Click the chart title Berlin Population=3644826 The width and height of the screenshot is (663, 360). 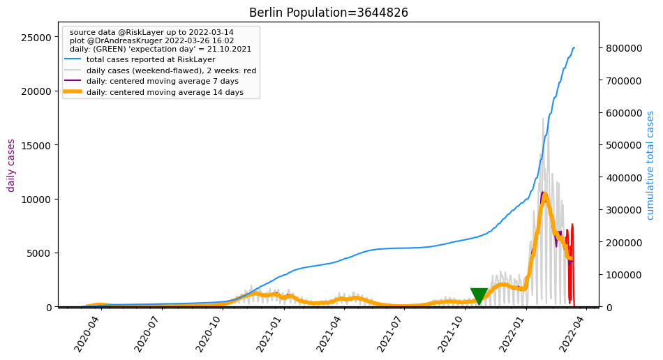(x=328, y=13)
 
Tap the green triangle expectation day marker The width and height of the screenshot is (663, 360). (x=479, y=296)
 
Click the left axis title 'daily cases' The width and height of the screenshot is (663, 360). (x=11, y=165)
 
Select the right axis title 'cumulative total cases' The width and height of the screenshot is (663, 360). (x=650, y=165)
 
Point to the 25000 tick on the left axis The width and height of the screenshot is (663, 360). (x=34, y=37)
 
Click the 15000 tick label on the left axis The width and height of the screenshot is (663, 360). (x=34, y=145)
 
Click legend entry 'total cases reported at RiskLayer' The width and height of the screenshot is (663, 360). (x=151, y=60)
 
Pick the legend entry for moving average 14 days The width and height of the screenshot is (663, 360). (x=165, y=92)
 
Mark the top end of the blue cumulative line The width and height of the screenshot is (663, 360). (x=574, y=48)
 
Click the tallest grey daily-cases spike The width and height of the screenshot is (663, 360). (x=543, y=119)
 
